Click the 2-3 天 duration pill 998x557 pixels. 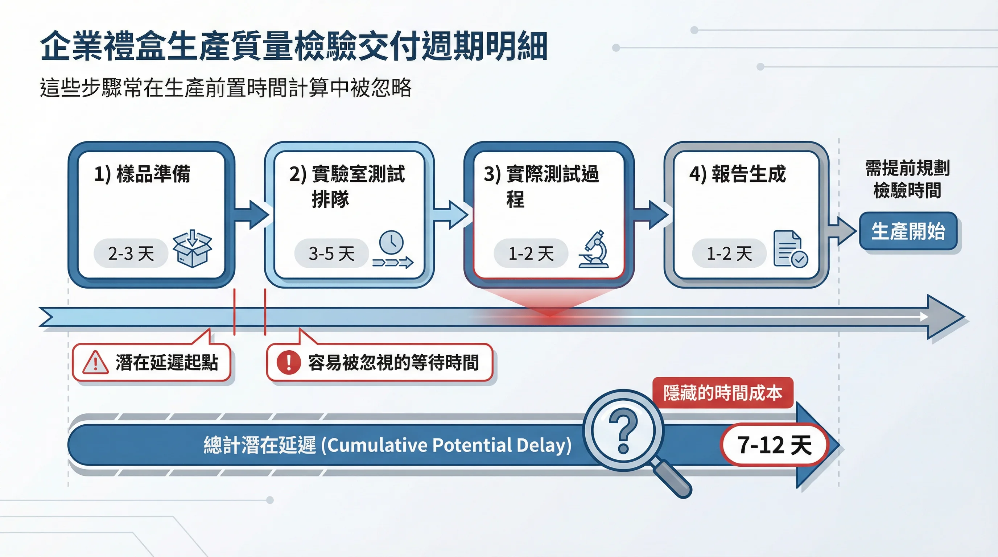point(131,253)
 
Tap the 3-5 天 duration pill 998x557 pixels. point(331,253)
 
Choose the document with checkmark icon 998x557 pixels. point(789,249)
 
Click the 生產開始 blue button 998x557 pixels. point(908,231)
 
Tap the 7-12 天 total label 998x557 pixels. point(774,444)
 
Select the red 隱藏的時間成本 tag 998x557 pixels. point(722,392)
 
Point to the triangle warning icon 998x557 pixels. point(95,363)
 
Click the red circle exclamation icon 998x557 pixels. point(289,363)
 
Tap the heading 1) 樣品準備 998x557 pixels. point(142,174)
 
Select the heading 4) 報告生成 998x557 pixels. point(737,174)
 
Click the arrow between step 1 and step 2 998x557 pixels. point(252,214)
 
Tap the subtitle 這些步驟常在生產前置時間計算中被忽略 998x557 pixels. point(226,87)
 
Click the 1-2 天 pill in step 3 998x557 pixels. point(531,253)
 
